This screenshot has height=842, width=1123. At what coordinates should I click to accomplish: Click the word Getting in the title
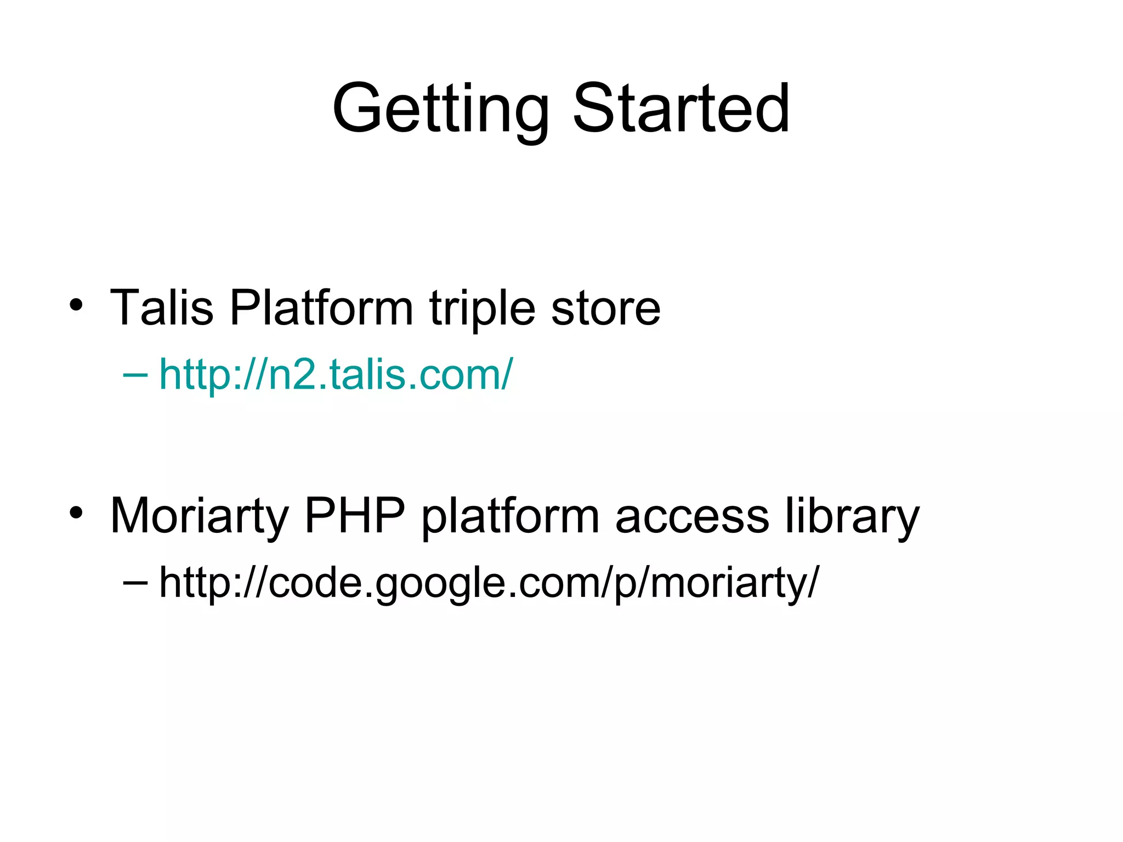tap(440, 109)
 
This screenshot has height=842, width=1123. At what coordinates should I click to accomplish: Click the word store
tap(606, 309)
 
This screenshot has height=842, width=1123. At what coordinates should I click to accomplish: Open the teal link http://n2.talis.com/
tap(336, 374)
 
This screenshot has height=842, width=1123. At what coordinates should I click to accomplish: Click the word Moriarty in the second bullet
tap(200, 517)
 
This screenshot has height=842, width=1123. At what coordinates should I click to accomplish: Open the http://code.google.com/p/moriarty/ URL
tap(489, 583)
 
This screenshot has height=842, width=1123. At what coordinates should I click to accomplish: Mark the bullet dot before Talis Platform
tap(76, 305)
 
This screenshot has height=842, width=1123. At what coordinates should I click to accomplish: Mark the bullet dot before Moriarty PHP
tap(76, 513)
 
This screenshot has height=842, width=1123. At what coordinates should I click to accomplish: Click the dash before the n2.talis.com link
tap(135, 375)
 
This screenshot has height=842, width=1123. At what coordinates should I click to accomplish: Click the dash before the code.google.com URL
tap(135, 582)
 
